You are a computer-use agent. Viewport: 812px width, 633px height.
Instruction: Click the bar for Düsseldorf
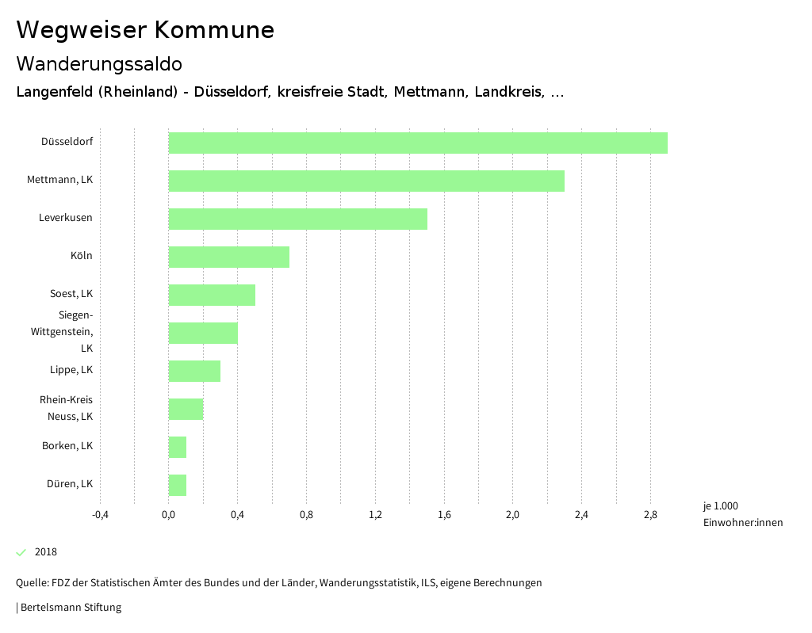coord(418,143)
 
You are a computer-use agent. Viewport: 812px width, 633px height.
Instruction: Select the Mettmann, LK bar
coord(366,181)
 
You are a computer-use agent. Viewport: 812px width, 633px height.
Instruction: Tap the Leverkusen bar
coord(298,219)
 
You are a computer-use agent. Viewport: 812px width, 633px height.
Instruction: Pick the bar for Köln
coord(229,257)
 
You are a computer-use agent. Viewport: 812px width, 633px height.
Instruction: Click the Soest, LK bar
coord(212,295)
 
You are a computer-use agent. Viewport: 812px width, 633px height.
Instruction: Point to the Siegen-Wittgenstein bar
coord(203,333)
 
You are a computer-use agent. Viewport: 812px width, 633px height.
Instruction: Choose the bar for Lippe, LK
coord(194,371)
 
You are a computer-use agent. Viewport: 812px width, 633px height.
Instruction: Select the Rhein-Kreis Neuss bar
coord(186,409)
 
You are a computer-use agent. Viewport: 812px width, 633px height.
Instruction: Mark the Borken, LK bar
coord(178,447)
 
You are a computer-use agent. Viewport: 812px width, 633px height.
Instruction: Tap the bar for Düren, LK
coord(178,485)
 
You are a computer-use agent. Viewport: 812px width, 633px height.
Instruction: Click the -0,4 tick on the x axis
coord(100,515)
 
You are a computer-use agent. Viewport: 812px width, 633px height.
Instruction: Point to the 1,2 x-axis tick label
coord(375,515)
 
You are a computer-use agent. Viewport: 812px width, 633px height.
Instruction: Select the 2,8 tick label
coord(650,515)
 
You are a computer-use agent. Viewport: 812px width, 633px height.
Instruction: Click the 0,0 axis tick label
coord(169,515)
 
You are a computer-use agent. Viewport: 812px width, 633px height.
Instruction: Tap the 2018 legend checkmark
coord(21,552)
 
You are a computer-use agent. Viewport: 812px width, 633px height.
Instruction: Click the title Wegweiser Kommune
coord(145,30)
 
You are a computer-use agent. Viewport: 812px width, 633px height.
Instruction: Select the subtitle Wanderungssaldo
coord(99,63)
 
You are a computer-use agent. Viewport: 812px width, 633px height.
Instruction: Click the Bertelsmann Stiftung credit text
coord(69,608)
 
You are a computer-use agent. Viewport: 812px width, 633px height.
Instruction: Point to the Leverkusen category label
coord(66,218)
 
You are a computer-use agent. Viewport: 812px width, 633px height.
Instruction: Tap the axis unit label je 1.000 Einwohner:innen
coord(742,514)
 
